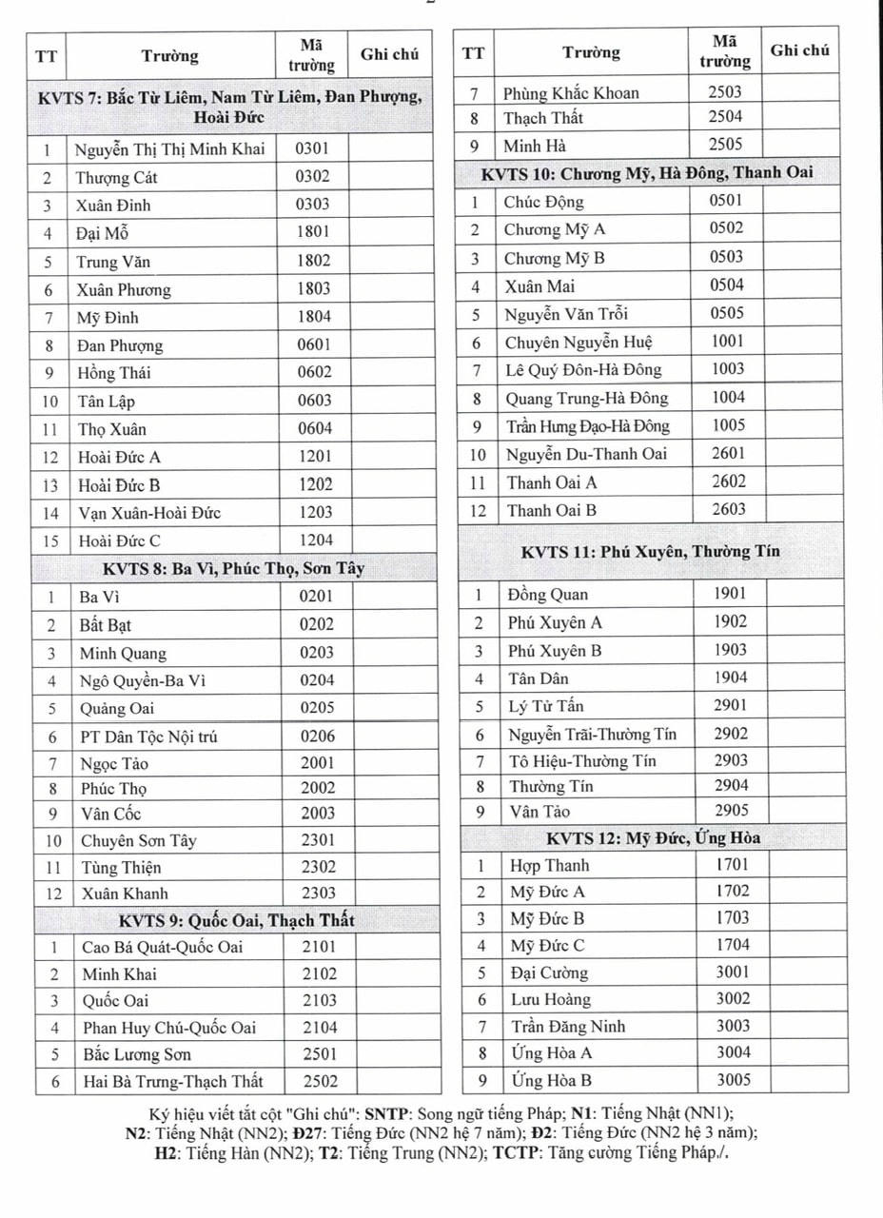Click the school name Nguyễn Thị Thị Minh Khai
click(x=170, y=148)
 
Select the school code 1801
click(x=313, y=231)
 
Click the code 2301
click(x=318, y=839)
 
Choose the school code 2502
click(x=321, y=1081)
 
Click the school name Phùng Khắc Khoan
click(x=571, y=93)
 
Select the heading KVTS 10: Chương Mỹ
click(x=647, y=174)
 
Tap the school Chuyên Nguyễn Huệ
click(x=579, y=343)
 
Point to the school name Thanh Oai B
click(x=552, y=510)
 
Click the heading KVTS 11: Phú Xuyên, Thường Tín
click(x=650, y=552)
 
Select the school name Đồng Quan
click(x=548, y=595)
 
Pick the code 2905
click(x=731, y=811)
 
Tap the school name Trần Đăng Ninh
click(x=568, y=1027)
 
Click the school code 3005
click(x=733, y=1080)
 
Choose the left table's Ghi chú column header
click(x=389, y=55)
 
